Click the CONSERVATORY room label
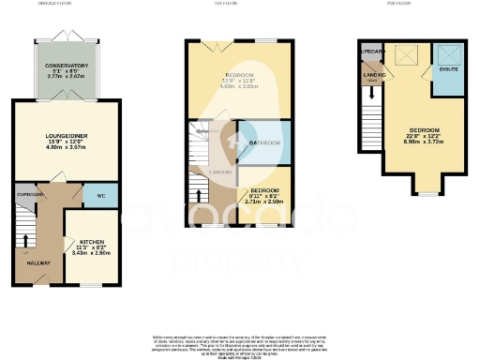point(67,66)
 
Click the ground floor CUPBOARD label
point(30,194)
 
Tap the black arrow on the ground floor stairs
point(25,237)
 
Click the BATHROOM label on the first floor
point(264,142)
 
